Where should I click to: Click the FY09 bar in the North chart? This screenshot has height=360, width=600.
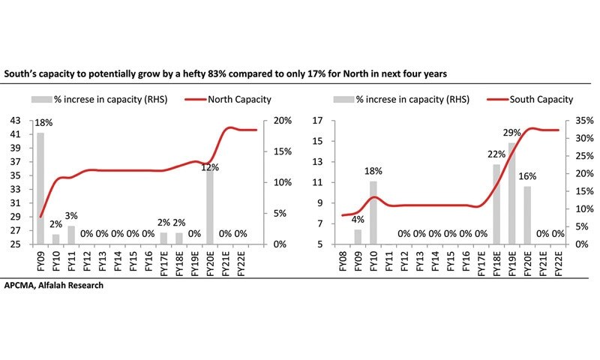pyautogui.click(x=40, y=187)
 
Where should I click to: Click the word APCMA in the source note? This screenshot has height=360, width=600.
pyautogui.click(x=21, y=286)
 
